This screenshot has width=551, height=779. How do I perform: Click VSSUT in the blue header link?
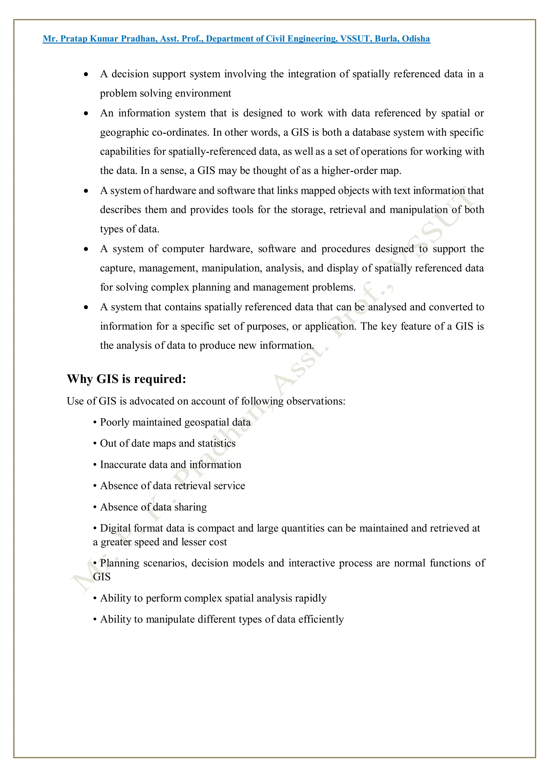point(355,39)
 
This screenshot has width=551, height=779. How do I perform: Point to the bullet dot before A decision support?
point(86,74)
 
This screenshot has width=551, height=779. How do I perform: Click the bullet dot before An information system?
point(86,113)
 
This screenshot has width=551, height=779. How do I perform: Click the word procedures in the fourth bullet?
point(346,249)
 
